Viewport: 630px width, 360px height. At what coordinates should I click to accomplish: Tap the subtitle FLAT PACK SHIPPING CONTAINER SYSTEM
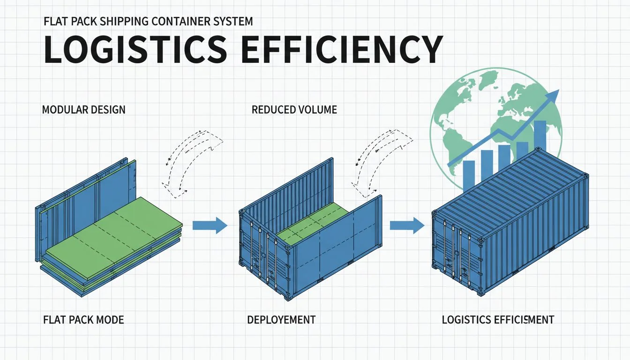click(148, 22)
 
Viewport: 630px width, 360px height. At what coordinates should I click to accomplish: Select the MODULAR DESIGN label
click(83, 110)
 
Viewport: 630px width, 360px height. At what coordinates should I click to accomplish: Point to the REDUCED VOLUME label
click(294, 110)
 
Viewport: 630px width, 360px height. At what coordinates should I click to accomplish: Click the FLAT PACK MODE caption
click(82, 320)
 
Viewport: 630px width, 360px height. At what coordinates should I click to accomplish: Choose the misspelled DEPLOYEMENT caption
click(281, 320)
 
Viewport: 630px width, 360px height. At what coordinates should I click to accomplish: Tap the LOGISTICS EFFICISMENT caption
click(498, 320)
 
